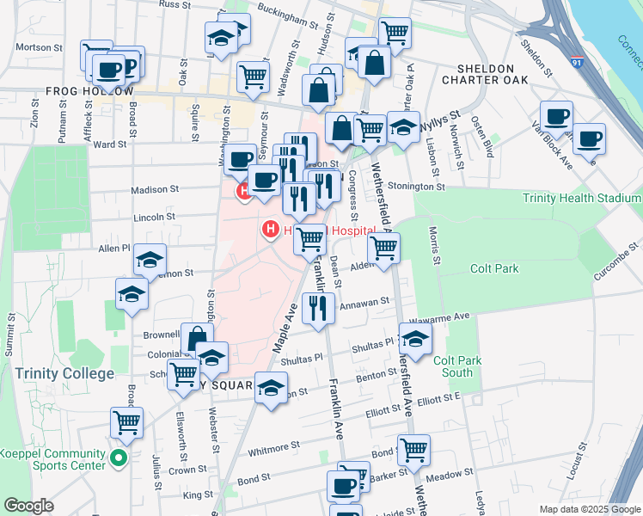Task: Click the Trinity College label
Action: click(64, 374)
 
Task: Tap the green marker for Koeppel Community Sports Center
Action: click(120, 458)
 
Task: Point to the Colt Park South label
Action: click(453, 366)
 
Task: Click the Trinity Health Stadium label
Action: click(582, 199)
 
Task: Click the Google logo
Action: click(28, 506)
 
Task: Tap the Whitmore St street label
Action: click(273, 448)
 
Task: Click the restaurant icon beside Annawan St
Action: click(319, 309)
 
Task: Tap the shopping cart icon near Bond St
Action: click(414, 448)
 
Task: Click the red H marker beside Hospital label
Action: click(271, 229)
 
